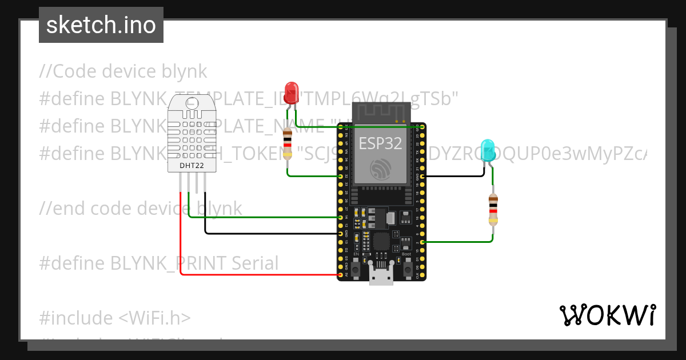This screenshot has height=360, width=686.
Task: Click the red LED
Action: click(292, 90)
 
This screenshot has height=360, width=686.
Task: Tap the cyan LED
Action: click(488, 150)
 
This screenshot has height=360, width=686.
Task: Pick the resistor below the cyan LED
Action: click(493, 209)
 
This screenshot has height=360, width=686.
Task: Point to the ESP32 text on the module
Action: click(380, 143)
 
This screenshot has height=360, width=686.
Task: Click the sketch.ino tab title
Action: click(101, 25)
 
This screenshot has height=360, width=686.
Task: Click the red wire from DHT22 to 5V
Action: click(181, 240)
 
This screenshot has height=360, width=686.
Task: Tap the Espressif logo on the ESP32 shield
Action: click(381, 169)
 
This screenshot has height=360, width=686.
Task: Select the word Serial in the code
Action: click(255, 263)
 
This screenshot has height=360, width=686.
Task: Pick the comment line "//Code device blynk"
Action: click(123, 71)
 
